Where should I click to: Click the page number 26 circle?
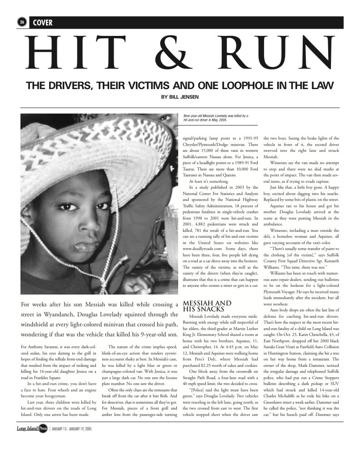coord(21,22)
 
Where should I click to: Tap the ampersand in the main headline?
coord(181,51)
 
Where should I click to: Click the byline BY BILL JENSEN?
coord(180,96)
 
